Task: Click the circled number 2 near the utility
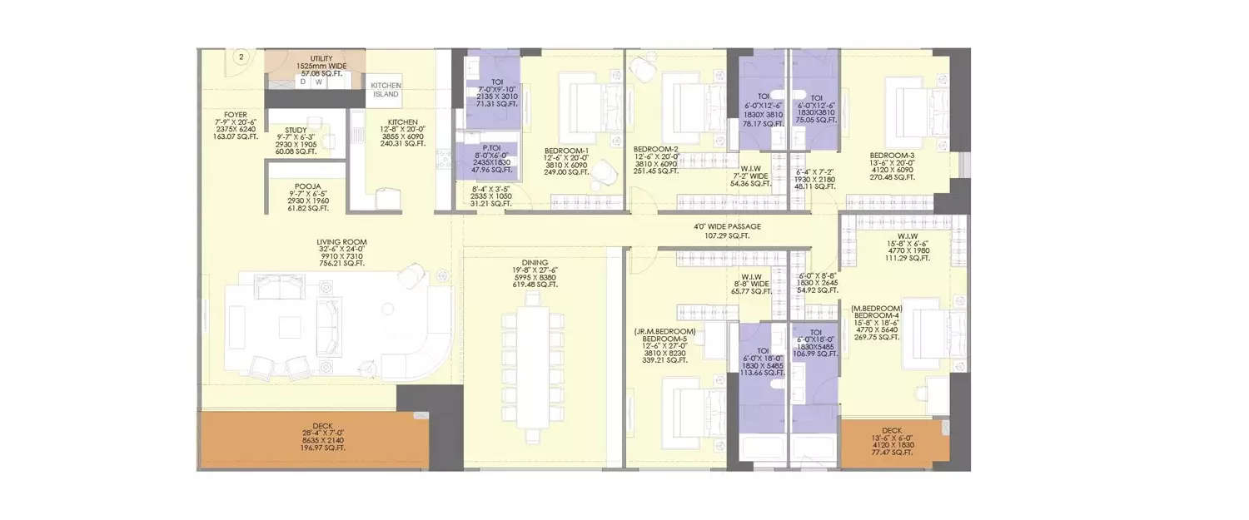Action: (x=241, y=57)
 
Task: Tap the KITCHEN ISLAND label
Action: (x=386, y=90)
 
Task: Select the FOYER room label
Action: (x=235, y=116)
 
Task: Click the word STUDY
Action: (x=296, y=130)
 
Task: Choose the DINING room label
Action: (x=535, y=260)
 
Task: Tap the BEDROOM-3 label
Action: (x=893, y=155)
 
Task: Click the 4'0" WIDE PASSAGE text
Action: (x=727, y=226)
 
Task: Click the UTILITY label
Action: (x=321, y=58)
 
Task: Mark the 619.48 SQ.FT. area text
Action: (x=535, y=285)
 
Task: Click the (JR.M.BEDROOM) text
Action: (x=664, y=331)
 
